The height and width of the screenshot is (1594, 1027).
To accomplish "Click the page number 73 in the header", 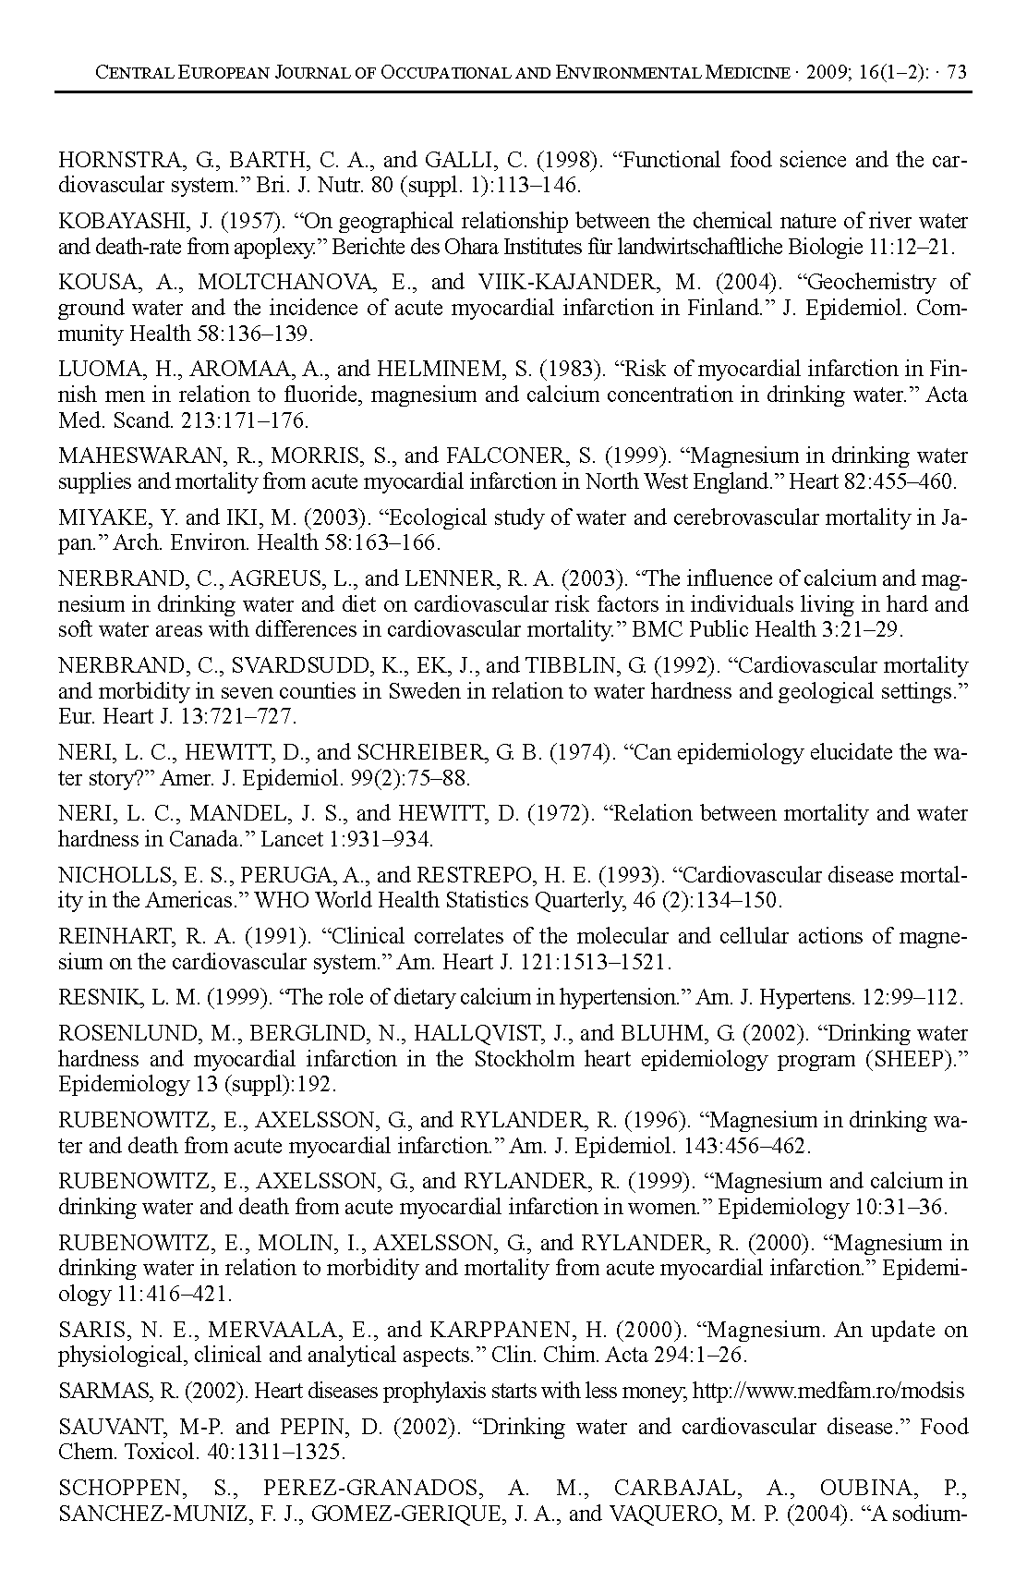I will tap(957, 72).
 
